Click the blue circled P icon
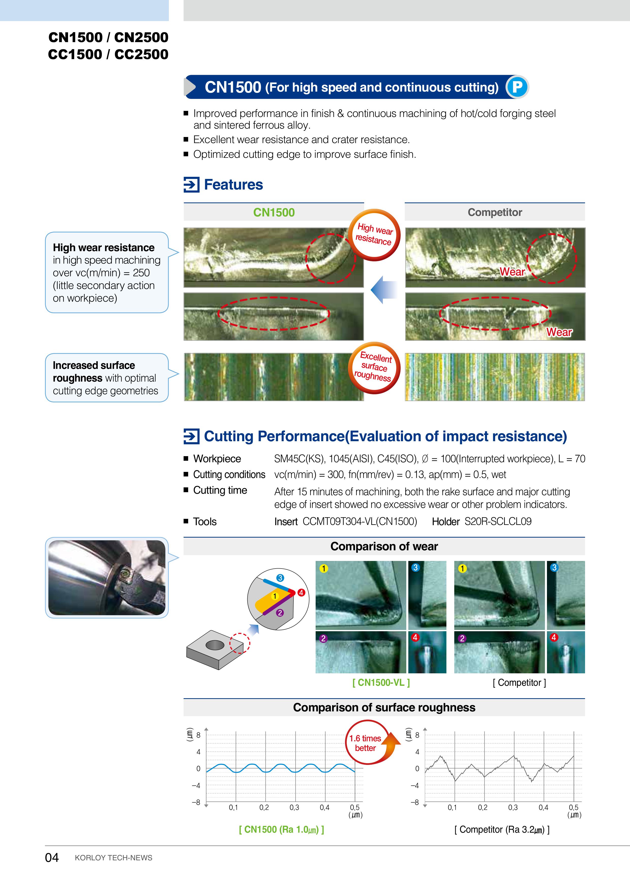click(x=517, y=87)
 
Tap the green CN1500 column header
click(x=274, y=212)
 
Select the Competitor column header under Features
click(x=495, y=212)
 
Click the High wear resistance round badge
click(x=374, y=234)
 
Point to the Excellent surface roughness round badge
click(x=374, y=367)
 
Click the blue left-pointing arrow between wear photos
click(x=383, y=289)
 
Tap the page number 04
click(x=52, y=858)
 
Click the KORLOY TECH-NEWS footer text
click(x=113, y=858)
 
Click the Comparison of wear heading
click(x=384, y=546)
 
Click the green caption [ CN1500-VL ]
click(x=381, y=683)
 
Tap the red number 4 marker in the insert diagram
click(x=301, y=592)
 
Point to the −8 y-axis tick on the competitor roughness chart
click(x=415, y=802)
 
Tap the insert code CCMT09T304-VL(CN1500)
click(x=360, y=521)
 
